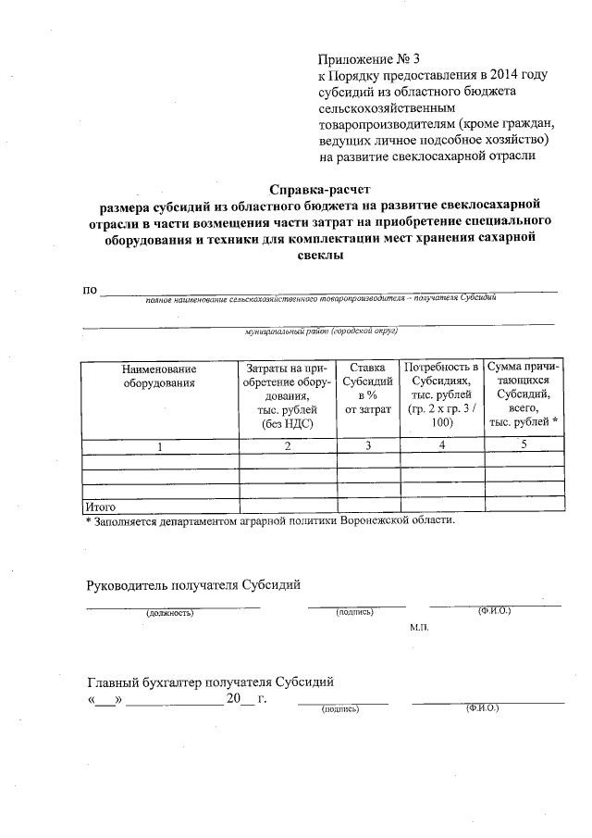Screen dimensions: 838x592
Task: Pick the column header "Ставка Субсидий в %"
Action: pyautogui.click(x=367, y=389)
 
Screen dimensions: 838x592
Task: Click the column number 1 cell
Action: pyautogui.click(x=159, y=446)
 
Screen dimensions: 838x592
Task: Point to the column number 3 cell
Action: pyautogui.click(x=367, y=446)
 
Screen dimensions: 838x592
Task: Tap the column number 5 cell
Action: pyautogui.click(x=523, y=446)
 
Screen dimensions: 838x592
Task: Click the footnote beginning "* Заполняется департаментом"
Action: pyautogui.click(x=270, y=520)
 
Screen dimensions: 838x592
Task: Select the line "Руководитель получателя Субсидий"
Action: pyautogui.click(x=193, y=585)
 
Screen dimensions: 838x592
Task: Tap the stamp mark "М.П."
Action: pyautogui.click(x=419, y=627)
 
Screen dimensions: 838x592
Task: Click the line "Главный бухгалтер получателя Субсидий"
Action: pyautogui.click(x=210, y=682)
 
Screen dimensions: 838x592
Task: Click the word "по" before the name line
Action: pyautogui.click(x=91, y=291)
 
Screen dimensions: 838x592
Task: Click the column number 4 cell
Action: pyautogui.click(x=441, y=446)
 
